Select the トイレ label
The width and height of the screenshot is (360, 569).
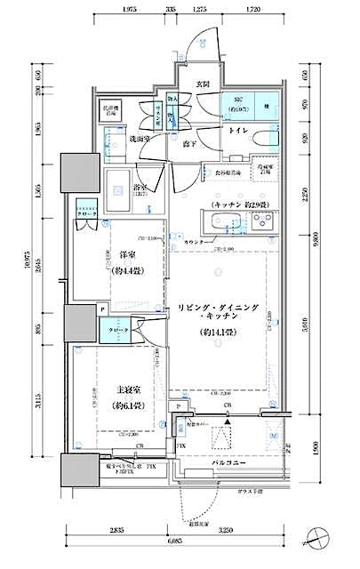[x=237, y=130]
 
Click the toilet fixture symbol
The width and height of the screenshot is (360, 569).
[x=262, y=139]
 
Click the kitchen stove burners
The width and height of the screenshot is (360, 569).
[x=264, y=221]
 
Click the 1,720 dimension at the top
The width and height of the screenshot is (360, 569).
[x=252, y=9]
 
